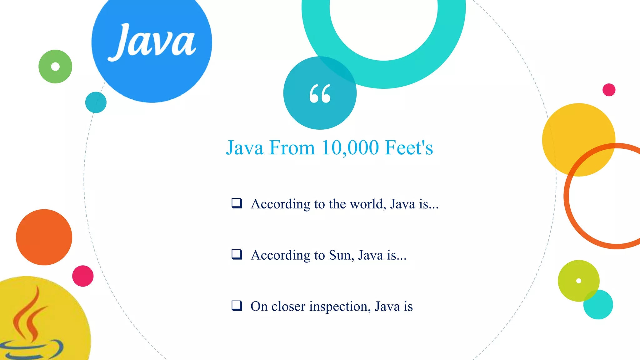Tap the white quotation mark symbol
tap(320, 93)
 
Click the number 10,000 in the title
tap(350, 147)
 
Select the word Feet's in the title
tap(409, 147)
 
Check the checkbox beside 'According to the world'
tap(237, 203)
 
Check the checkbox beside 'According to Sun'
tap(237, 254)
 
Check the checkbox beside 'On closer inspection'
tap(237, 305)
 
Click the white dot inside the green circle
tap(55, 67)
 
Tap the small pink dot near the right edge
tap(609, 90)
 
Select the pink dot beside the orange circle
tap(83, 276)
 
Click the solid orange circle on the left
tap(44, 237)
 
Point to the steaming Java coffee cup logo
tap(31, 325)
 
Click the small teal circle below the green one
tap(96, 102)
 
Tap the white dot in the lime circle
tap(579, 281)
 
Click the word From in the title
tap(292, 147)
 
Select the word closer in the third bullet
tap(288, 307)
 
